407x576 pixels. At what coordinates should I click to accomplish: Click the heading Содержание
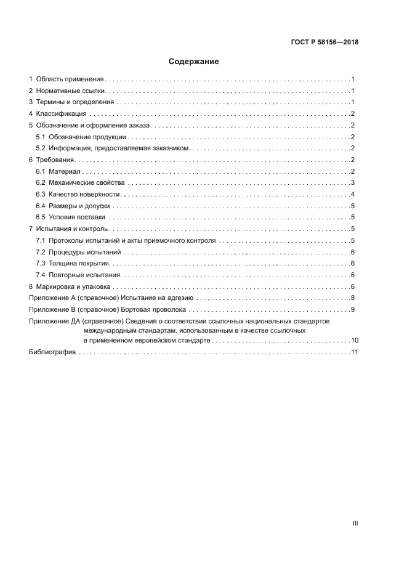pos(194,62)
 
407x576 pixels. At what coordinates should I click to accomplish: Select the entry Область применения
pos(71,79)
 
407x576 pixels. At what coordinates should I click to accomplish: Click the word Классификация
pos(61,114)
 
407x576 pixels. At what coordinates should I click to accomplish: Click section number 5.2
pos(41,148)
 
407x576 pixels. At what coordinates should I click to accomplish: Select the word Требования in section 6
pos(55,160)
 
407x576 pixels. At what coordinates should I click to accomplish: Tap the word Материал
pos(63,171)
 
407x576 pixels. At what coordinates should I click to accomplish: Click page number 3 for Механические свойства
pos(352,183)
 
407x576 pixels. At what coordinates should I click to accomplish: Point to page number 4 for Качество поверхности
pos(352,195)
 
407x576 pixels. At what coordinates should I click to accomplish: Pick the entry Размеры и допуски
pos(79,206)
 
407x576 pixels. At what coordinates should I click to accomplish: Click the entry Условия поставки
pos(78,217)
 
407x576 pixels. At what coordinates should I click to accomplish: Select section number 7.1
pos(41,240)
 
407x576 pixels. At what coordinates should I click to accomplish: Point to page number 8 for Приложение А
pos(352,298)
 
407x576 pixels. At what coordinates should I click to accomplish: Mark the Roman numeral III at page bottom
pos(355,523)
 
